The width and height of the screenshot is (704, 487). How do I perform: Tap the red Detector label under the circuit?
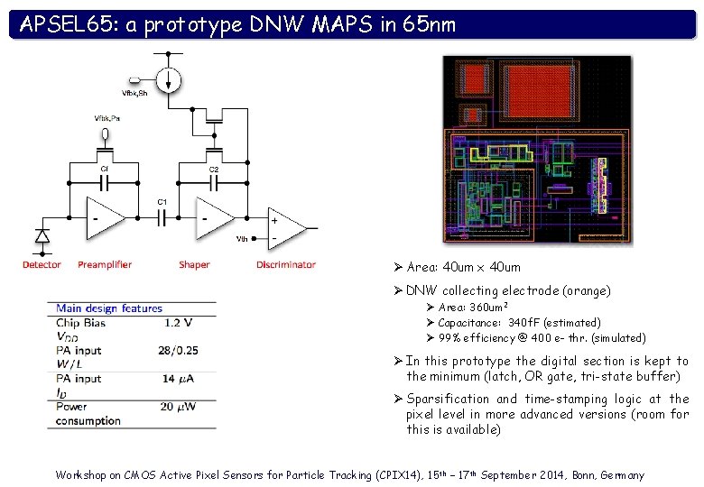tap(42, 264)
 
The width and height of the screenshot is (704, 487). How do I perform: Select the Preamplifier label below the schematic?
tap(105, 264)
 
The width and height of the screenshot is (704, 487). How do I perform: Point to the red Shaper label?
tap(194, 264)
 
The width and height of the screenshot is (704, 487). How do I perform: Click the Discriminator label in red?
tap(286, 264)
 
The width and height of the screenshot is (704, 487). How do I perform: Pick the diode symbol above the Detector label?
tap(42, 236)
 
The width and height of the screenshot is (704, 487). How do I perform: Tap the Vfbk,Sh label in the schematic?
tap(134, 93)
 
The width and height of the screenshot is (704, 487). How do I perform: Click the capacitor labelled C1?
tap(162, 217)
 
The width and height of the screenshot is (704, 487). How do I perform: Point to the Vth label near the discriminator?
tap(242, 239)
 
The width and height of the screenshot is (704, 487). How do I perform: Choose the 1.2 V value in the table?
tap(178, 322)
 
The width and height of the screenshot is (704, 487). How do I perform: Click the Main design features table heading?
tap(109, 308)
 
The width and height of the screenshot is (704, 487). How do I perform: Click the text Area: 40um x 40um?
tap(463, 267)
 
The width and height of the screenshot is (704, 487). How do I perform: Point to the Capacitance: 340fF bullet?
tap(519, 322)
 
